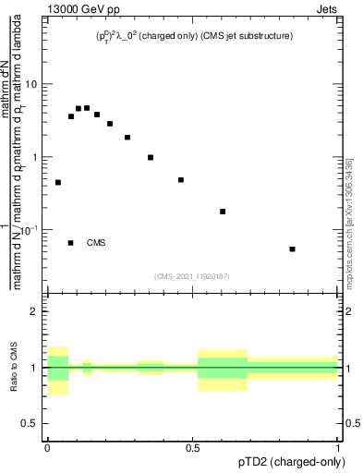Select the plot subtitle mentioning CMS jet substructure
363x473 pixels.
(194, 36)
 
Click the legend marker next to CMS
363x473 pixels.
(71, 243)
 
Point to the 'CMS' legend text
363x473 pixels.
(96, 243)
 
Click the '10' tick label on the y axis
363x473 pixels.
(32, 85)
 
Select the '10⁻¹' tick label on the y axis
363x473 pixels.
(30, 229)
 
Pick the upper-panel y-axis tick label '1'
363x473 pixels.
(36, 157)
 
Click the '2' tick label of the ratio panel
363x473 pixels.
(35, 312)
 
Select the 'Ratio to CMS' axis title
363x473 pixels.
(15, 368)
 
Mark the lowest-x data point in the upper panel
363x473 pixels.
(58, 183)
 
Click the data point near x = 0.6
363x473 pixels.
(223, 212)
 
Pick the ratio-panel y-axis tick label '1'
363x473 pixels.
(35, 368)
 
